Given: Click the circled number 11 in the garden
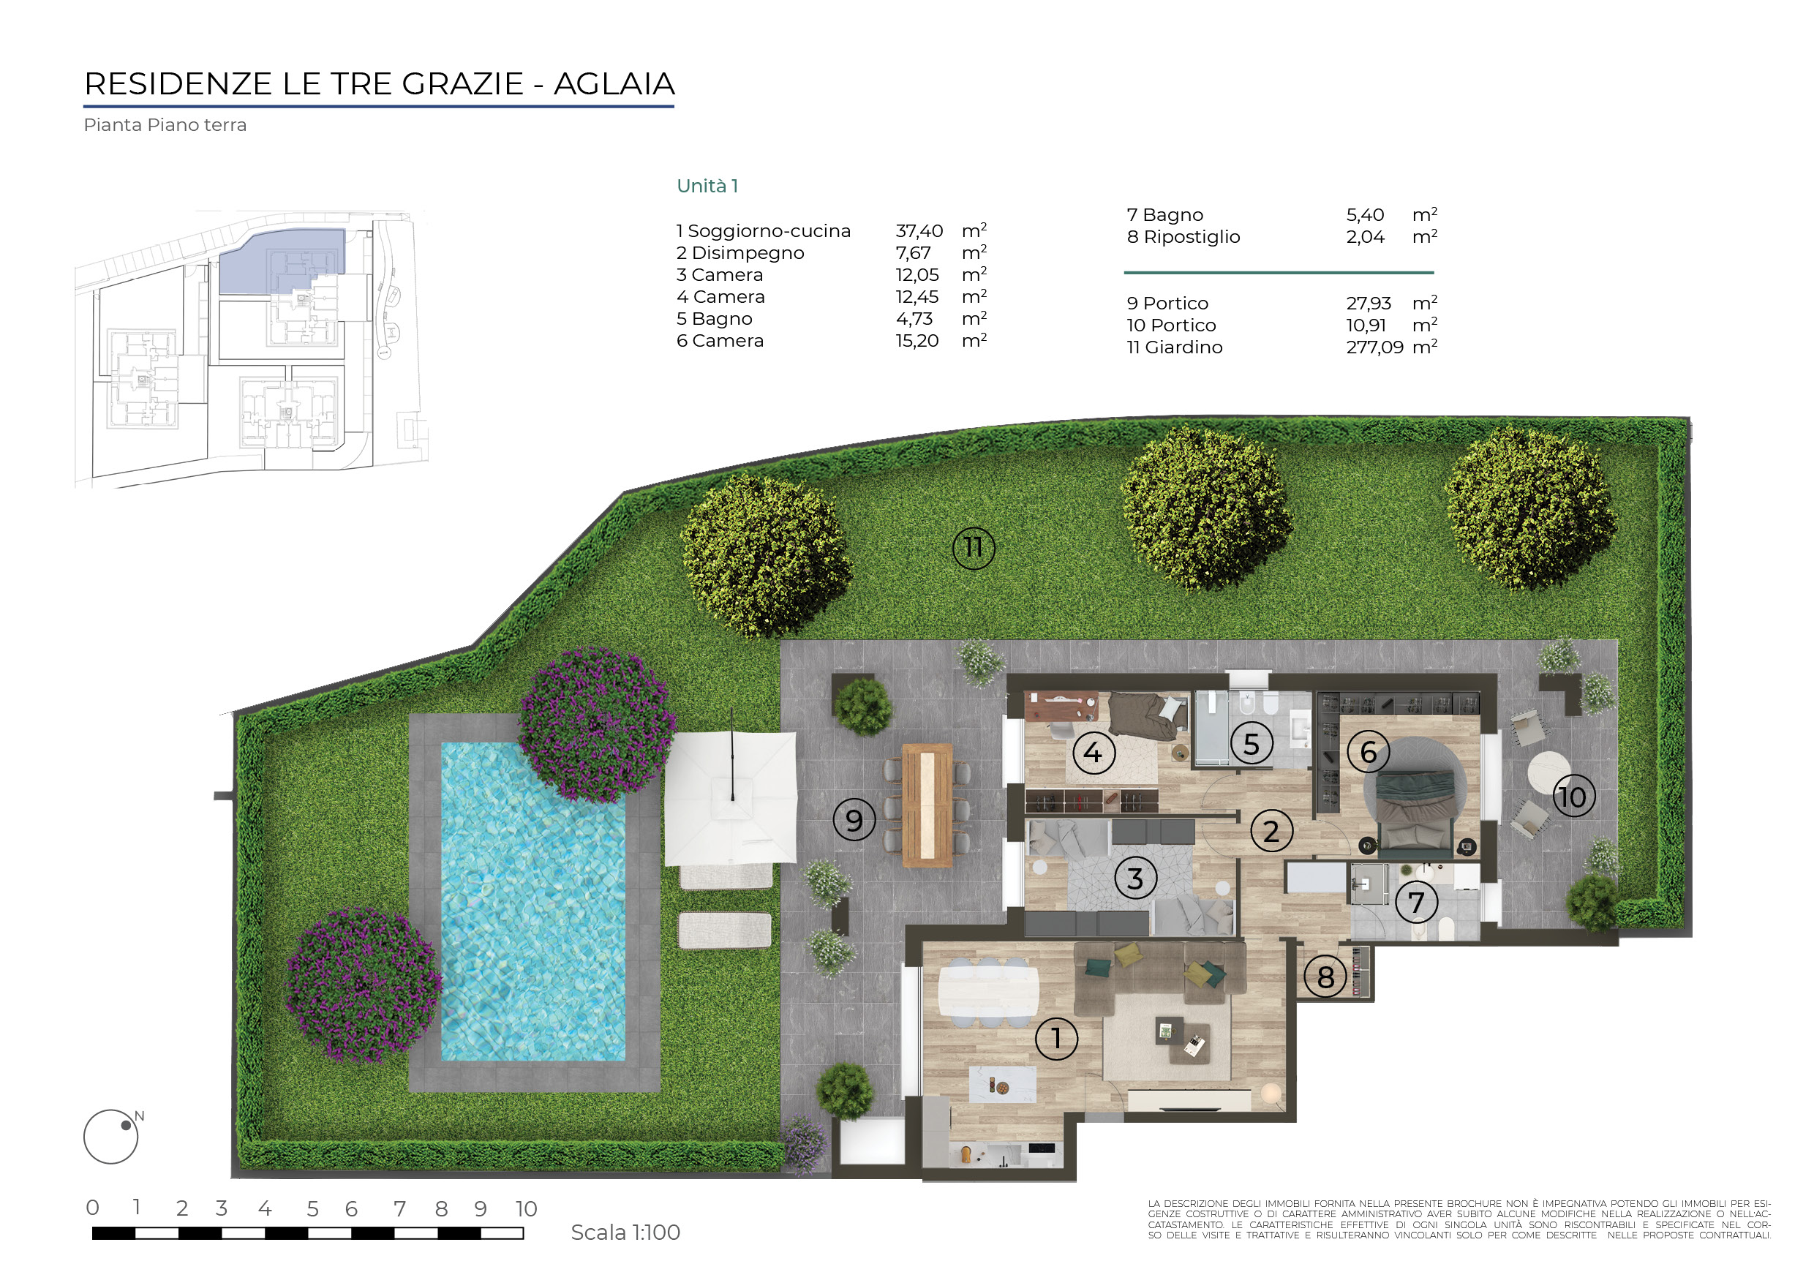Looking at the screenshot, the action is tap(974, 547).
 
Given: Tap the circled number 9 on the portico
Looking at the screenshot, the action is tap(854, 820).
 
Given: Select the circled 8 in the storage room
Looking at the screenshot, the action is tap(1325, 977).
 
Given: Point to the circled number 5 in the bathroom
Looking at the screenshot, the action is tap(1252, 743).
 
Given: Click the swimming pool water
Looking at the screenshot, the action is tap(533, 900).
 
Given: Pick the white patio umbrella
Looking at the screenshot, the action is tap(731, 798).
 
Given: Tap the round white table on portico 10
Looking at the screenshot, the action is tap(1548, 772).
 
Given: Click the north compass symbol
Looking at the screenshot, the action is tap(111, 1136).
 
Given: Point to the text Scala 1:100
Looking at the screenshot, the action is tap(625, 1233).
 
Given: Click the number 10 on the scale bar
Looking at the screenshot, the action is tap(526, 1208).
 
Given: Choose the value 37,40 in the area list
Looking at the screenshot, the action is tap(919, 230).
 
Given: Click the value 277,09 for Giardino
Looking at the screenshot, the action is tap(1374, 347).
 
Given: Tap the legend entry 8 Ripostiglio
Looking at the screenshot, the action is tap(1183, 237).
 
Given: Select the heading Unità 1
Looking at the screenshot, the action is tap(707, 186).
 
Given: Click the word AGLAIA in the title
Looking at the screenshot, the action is tap(614, 83).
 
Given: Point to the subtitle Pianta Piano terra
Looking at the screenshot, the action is tap(165, 125).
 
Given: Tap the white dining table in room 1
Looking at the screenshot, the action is tap(988, 991).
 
